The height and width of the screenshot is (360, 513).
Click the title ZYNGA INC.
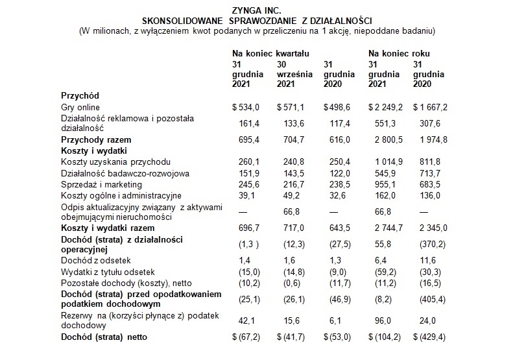click(x=256, y=10)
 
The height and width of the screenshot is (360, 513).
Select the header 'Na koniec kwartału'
click(x=270, y=53)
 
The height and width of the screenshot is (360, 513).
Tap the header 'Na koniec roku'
click(x=400, y=53)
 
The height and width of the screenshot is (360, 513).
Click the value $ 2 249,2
click(x=385, y=107)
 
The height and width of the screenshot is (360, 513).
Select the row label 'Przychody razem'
click(x=96, y=139)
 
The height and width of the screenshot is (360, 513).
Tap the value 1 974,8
click(x=429, y=139)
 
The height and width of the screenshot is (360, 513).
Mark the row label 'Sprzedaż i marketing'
click(x=101, y=184)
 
